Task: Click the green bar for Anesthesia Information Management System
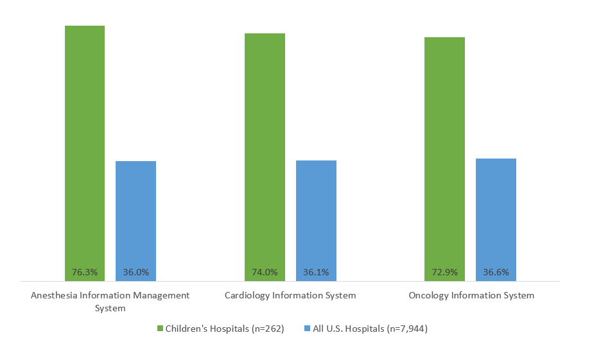point(84,148)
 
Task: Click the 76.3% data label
point(84,272)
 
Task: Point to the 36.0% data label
point(135,272)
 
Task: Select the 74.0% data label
point(265,272)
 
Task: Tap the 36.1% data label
point(316,272)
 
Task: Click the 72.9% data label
point(444,272)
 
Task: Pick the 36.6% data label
point(496,272)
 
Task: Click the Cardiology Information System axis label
point(290,296)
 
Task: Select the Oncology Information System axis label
point(471,296)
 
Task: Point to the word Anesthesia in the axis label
point(53,296)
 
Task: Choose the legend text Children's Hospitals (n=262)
point(224,329)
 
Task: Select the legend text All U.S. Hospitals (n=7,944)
point(370,329)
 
